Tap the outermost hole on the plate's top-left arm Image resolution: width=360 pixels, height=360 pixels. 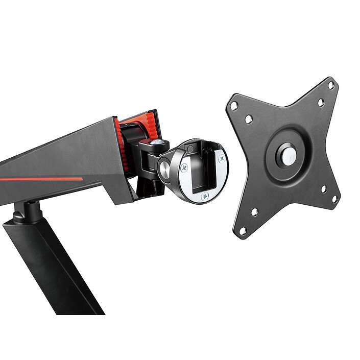point(234,106)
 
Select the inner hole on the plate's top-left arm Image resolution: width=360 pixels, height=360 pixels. point(249,118)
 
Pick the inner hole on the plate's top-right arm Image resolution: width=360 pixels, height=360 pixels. point(321,102)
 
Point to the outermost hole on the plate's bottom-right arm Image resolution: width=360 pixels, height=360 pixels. point(334,199)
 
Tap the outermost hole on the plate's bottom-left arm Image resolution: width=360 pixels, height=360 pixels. point(243,231)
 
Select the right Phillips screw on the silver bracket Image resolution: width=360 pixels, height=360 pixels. point(221,159)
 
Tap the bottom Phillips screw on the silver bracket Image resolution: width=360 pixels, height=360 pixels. point(205,195)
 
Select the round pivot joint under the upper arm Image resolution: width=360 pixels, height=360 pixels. point(28,210)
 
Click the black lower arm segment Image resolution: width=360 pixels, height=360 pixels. point(51,266)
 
